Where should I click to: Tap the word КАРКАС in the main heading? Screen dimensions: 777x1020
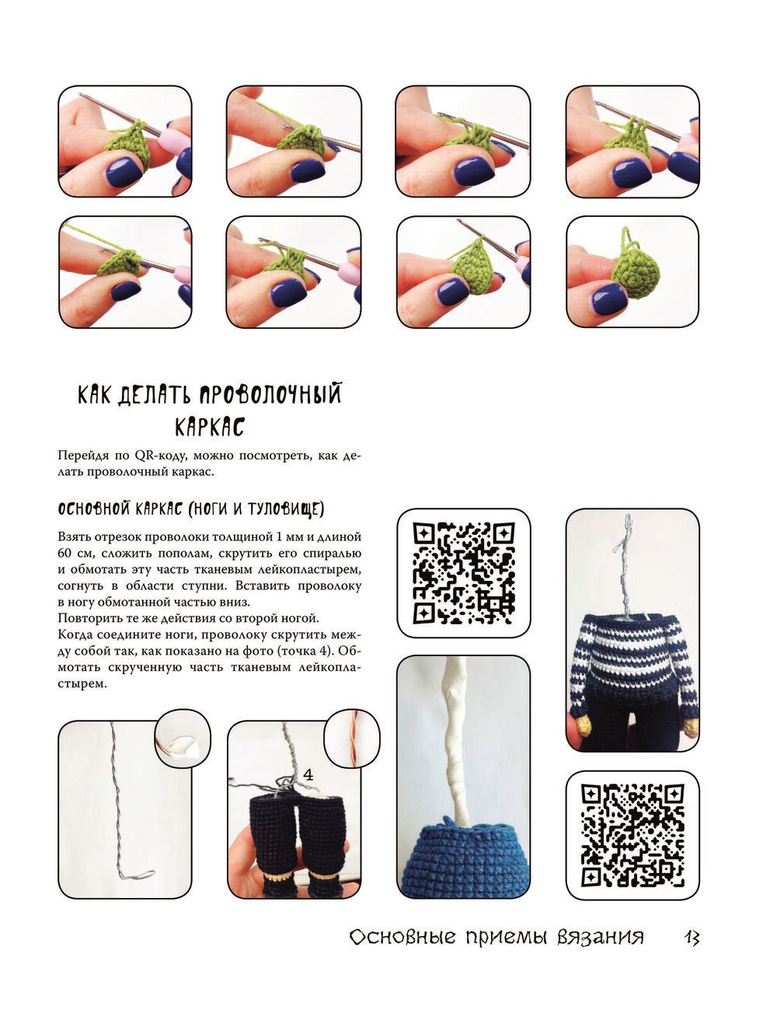point(210,427)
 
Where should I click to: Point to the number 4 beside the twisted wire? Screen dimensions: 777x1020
point(308,774)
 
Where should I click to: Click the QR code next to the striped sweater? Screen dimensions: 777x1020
point(464,573)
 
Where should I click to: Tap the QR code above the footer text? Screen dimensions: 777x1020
point(632,835)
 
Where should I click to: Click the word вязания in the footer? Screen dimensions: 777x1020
point(601,938)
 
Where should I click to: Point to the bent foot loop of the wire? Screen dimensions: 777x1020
point(138,875)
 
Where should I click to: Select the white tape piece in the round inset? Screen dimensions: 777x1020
point(184,747)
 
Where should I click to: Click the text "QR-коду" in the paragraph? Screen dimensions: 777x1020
point(155,456)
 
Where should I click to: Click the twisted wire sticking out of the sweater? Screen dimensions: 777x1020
point(626,567)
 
